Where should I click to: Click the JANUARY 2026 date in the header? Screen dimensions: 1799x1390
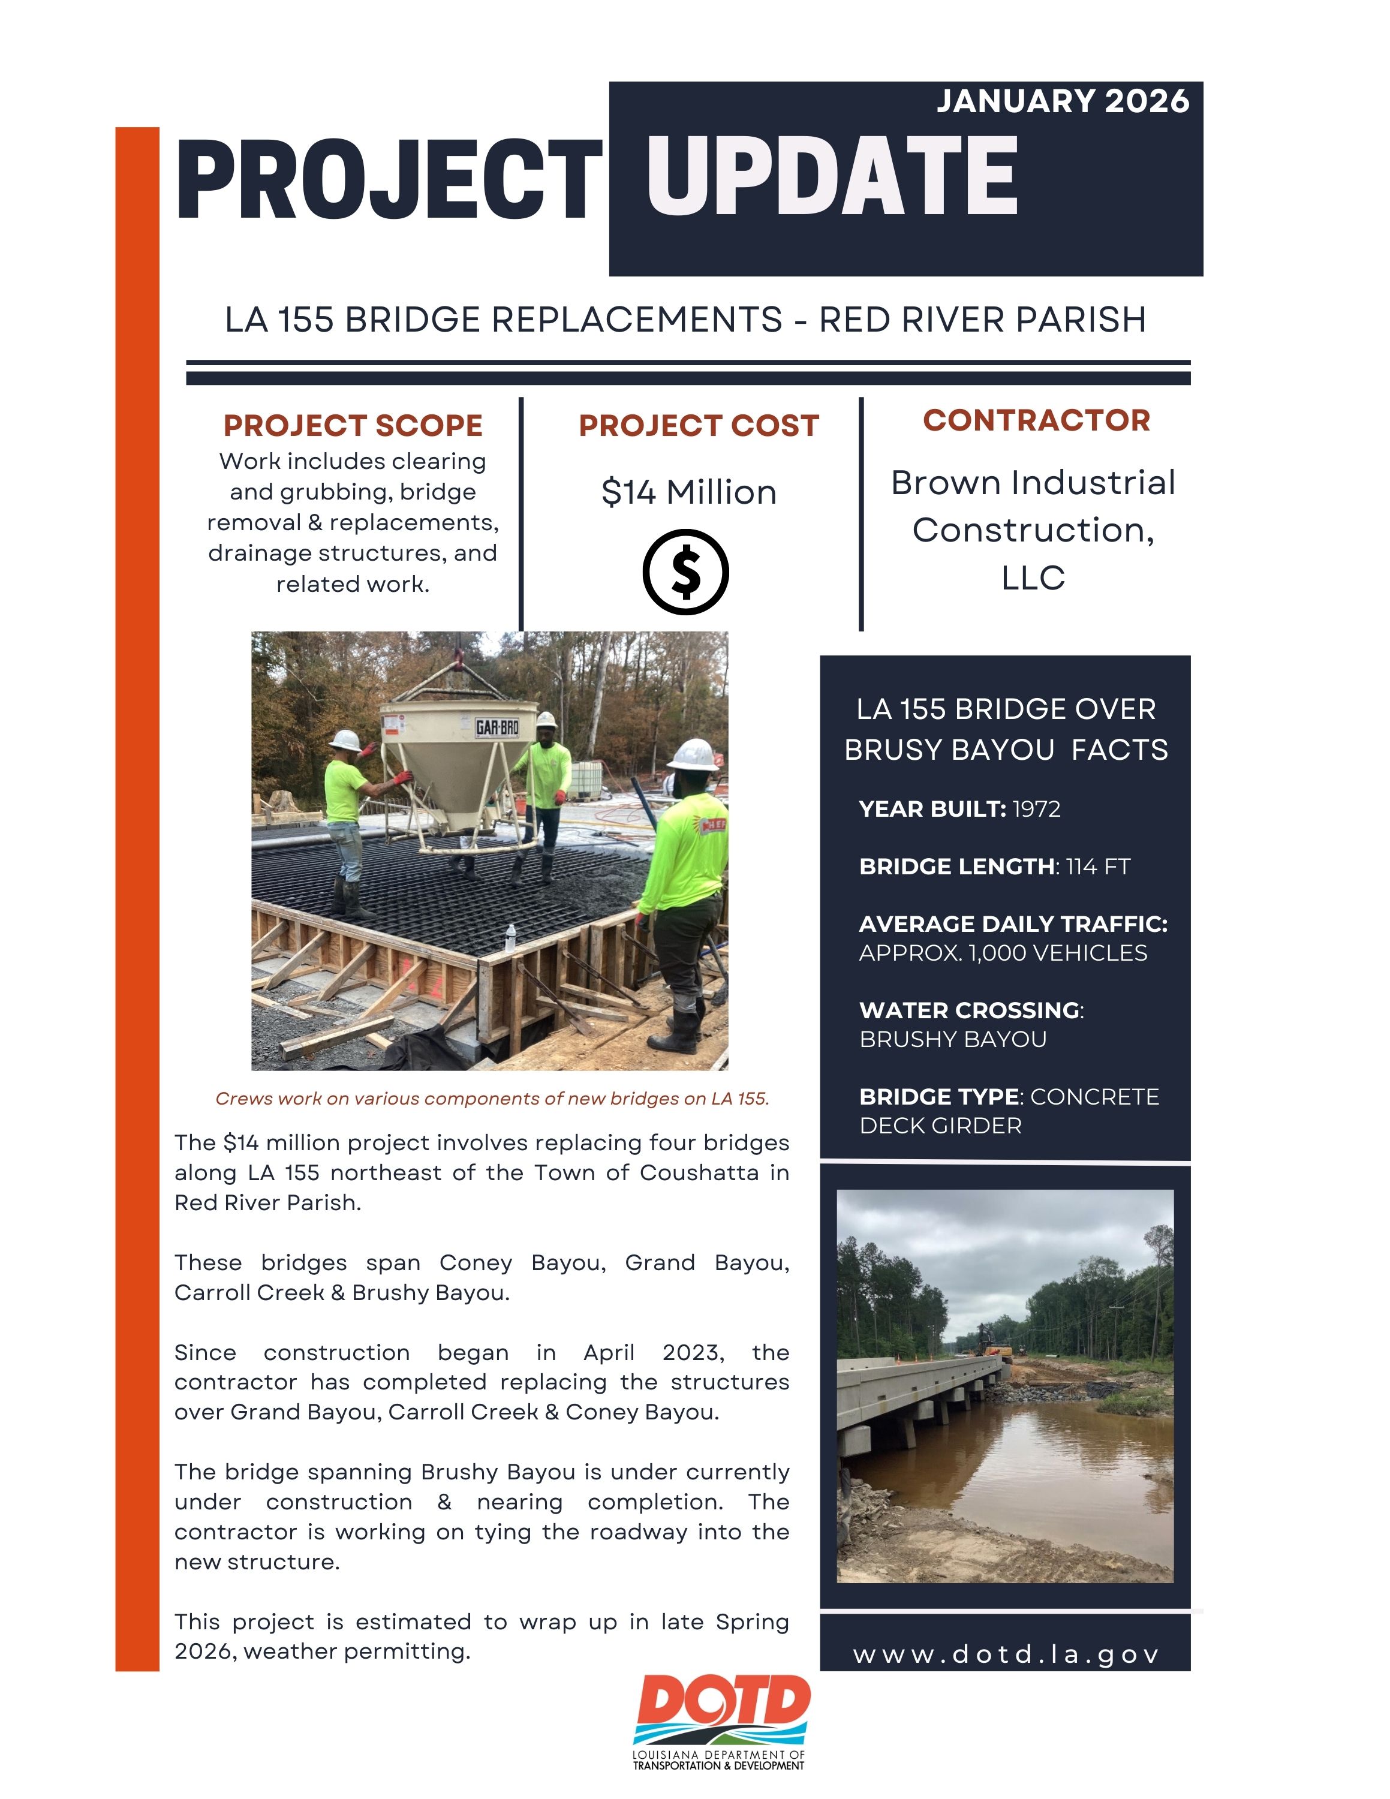(1062, 101)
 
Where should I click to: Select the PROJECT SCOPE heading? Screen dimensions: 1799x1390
(353, 426)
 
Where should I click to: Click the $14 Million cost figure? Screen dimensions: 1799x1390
(688, 492)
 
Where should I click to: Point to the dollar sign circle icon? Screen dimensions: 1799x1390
(685, 571)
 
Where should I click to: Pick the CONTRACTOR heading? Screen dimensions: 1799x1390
(1036, 420)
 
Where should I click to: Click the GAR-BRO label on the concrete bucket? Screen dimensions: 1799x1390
(497, 727)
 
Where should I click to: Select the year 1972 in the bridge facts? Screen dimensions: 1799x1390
(1036, 809)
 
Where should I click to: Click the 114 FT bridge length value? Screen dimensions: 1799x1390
(1098, 867)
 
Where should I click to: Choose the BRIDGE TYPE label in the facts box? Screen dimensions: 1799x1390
(938, 1097)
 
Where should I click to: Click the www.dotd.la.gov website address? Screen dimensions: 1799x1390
(1006, 1655)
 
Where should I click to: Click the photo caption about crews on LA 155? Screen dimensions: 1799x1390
(492, 1098)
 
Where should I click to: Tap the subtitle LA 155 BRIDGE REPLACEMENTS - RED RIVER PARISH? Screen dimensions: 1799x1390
(685, 320)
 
